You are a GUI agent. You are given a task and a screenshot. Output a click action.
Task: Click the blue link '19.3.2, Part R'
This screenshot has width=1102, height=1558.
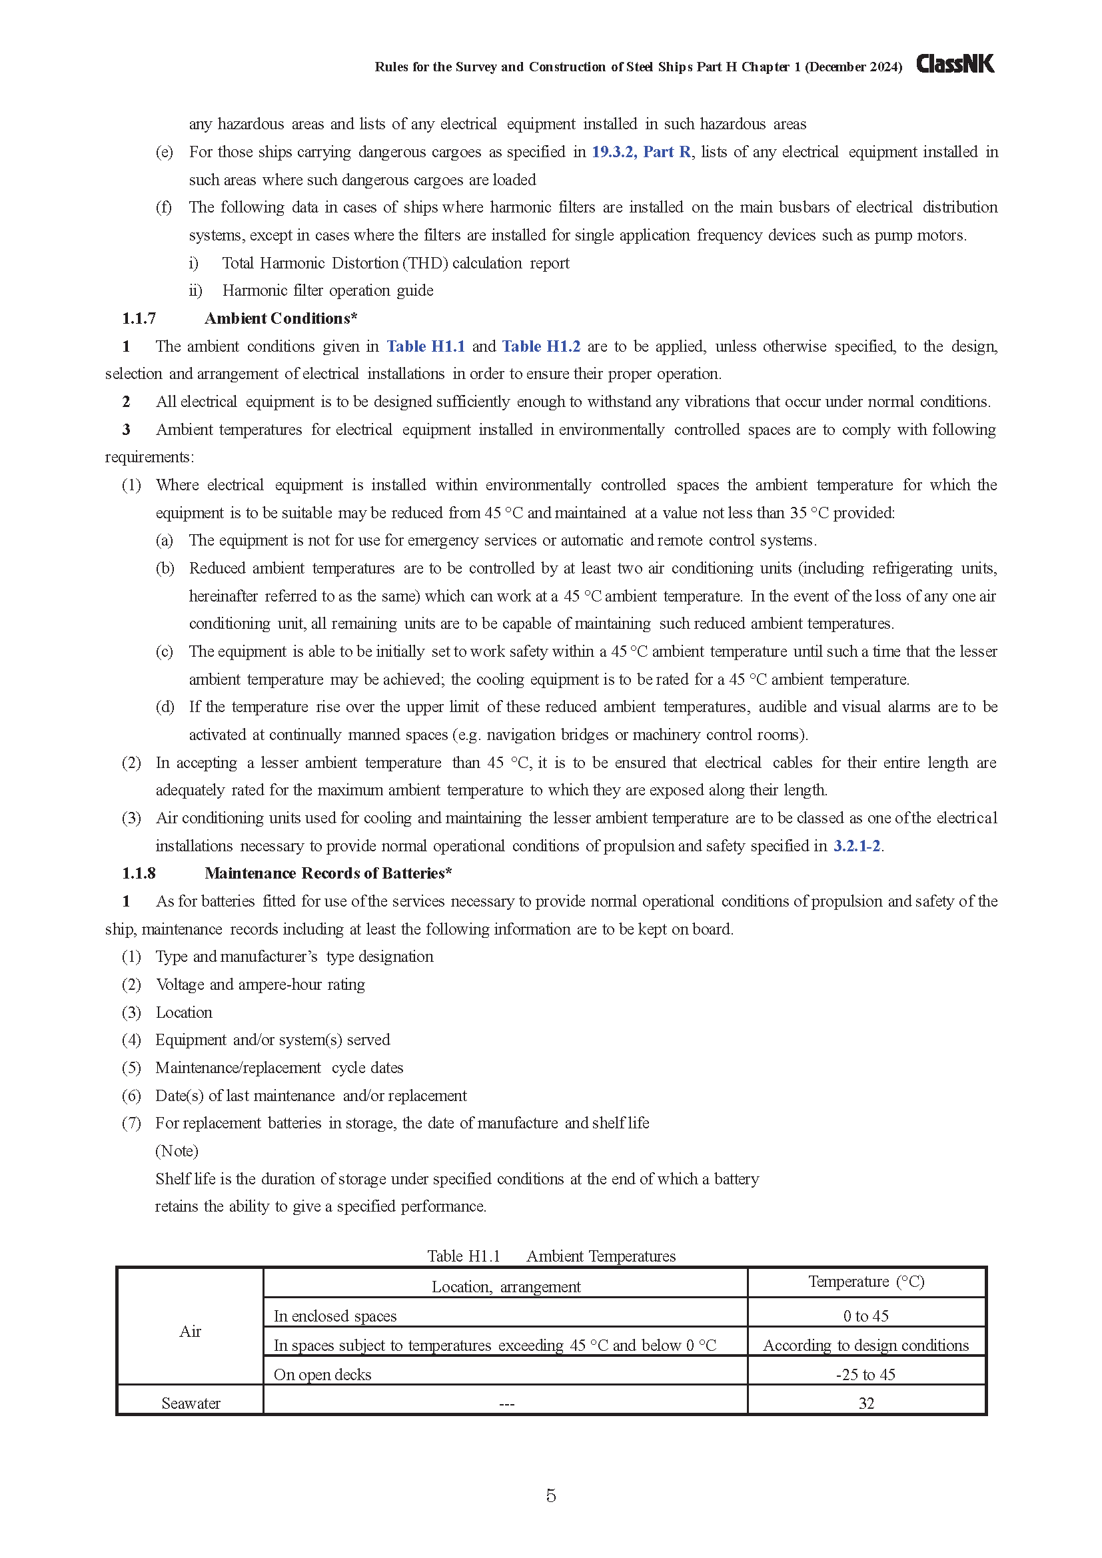[x=640, y=152]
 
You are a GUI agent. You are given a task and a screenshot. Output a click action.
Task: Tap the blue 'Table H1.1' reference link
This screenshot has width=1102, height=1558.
[x=426, y=347]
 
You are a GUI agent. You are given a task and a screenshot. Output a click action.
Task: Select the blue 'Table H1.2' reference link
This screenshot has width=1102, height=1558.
[x=541, y=347]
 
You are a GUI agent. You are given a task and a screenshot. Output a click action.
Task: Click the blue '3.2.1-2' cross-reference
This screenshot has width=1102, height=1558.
[x=856, y=846]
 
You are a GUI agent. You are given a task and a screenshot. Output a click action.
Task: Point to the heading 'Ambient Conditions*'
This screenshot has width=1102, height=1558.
[x=280, y=319]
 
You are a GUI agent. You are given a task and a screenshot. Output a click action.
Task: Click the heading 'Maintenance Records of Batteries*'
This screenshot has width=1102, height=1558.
[x=328, y=874]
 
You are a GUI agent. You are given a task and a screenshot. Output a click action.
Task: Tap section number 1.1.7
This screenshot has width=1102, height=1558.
[x=139, y=319]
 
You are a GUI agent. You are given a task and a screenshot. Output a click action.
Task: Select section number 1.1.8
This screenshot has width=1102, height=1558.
[x=139, y=874]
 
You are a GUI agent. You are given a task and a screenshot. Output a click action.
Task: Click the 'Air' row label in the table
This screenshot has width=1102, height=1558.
[x=190, y=1332]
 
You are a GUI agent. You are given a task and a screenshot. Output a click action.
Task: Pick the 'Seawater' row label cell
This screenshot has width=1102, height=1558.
[x=191, y=1404]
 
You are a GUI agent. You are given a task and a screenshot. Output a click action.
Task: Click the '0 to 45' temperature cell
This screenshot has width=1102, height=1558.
[x=866, y=1316]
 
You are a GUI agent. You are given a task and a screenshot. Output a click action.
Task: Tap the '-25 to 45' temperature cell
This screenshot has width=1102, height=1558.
[x=866, y=1375]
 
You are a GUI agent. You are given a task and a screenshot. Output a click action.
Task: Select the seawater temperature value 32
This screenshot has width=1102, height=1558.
[x=866, y=1404]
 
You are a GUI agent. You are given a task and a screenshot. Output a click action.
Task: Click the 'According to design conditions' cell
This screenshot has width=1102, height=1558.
[x=866, y=1346]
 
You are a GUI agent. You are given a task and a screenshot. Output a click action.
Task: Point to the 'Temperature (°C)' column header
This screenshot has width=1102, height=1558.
[x=866, y=1282]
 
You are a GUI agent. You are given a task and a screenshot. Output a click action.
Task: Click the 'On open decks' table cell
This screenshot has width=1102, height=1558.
[x=322, y=1375]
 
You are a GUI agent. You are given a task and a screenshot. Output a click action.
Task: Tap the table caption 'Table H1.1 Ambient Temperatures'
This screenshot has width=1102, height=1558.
[x=551, y=1257]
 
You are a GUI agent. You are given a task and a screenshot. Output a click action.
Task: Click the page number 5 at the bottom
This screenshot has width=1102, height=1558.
[x=551, y=1495]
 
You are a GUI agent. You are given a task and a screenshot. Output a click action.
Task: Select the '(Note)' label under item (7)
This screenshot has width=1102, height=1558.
[x=177, y=1152]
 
